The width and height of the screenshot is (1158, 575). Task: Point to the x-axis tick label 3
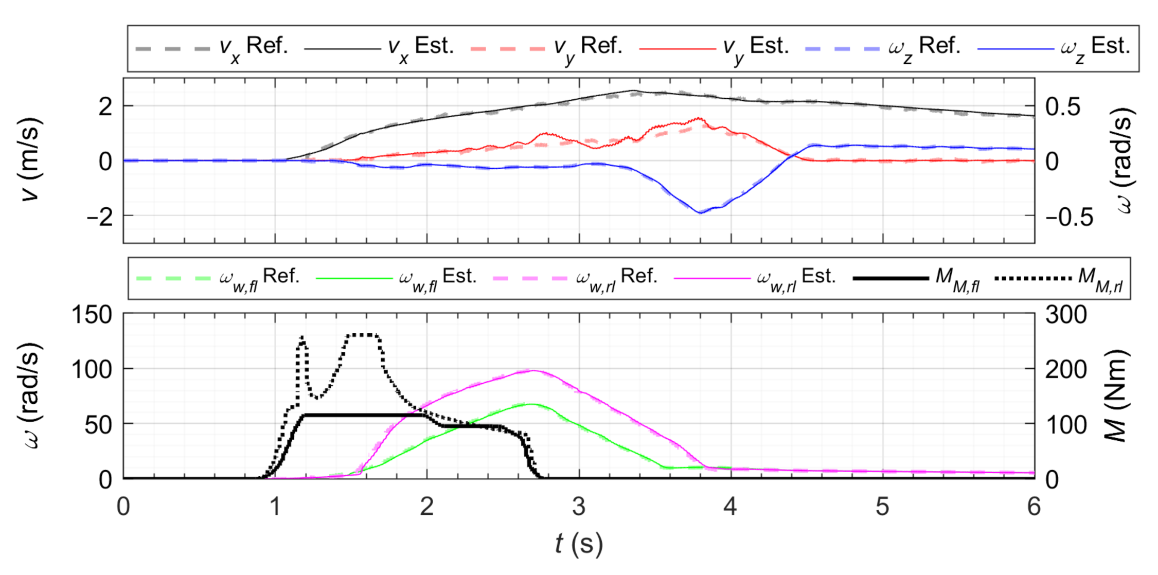579,507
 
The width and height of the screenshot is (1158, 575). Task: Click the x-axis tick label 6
1034,507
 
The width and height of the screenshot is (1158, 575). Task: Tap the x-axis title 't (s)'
579,544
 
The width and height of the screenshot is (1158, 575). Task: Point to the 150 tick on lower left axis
92,315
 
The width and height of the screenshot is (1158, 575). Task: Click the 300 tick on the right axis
1066,315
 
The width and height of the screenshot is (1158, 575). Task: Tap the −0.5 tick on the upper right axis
1069,217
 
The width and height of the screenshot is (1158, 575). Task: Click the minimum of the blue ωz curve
700,212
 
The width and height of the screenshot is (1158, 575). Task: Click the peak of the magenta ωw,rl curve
533,371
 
